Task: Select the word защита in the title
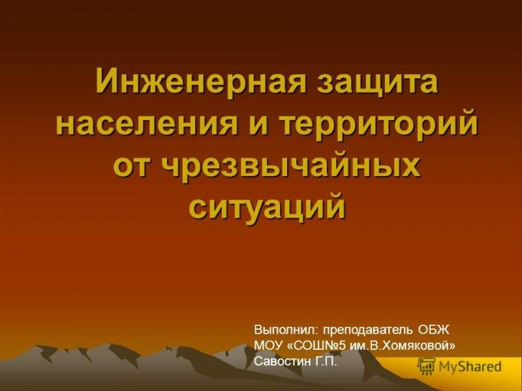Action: (377, 83)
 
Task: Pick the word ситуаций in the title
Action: (267, 207)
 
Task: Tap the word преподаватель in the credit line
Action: (366, 331)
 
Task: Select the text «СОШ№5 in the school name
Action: (317, 345)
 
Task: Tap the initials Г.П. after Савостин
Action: (326, 361)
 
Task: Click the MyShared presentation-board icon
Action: (427, 366)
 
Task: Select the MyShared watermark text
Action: (470, 367)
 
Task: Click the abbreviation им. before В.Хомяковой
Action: (359, 346)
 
